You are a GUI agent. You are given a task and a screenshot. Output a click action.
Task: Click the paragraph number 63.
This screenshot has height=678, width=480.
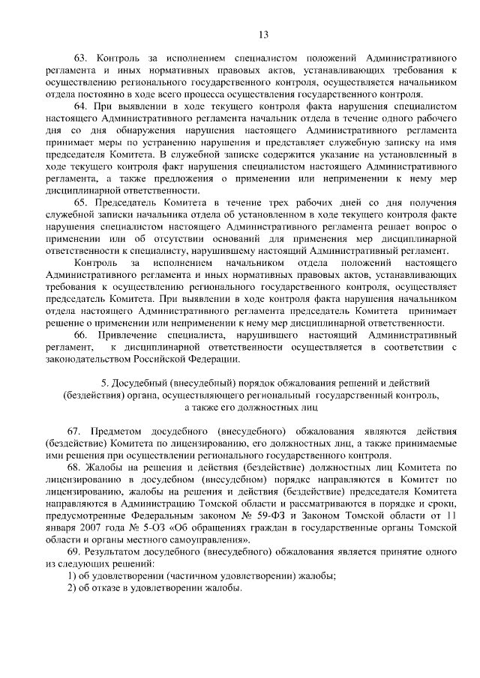79,57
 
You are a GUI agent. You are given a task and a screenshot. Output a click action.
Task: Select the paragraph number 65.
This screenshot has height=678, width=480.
79,203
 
